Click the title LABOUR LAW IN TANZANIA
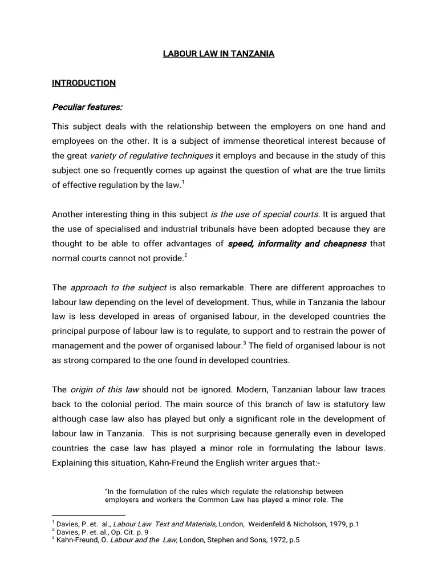218,54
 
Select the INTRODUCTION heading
84,83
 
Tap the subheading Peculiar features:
87,107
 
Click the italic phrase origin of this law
104,390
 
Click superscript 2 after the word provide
186,256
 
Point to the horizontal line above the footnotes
84,515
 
